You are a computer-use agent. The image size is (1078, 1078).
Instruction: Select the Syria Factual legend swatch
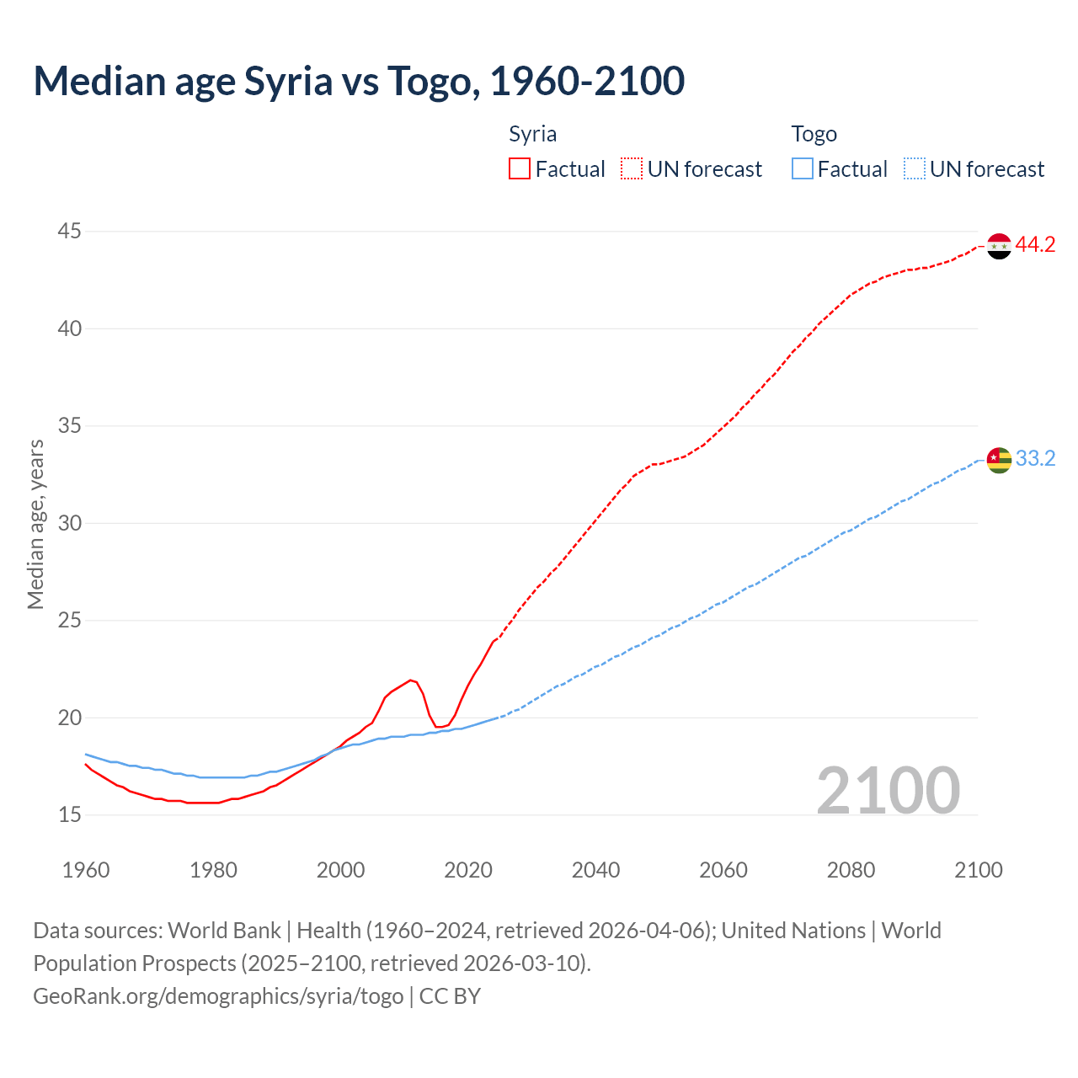520,169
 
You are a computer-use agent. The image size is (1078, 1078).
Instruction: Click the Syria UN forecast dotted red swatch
632,169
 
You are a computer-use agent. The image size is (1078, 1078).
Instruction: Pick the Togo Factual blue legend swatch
802,169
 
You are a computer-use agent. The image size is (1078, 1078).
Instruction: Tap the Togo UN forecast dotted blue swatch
914,169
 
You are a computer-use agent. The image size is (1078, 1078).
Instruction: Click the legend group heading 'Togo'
814,134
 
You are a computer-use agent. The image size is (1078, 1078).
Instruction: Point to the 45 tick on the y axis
70,231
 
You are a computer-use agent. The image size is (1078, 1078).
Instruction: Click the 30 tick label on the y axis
70,523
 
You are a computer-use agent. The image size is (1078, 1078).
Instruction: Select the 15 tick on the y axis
70,814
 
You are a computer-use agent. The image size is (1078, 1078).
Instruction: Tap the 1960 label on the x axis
86,870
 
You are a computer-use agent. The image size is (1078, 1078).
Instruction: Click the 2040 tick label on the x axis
595,870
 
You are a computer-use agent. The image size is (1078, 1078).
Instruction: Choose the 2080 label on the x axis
851,870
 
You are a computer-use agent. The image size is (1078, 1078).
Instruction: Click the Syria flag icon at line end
999,246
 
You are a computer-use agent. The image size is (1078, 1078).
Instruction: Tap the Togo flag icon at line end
999,460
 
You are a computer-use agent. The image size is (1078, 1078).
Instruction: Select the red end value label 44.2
1035,245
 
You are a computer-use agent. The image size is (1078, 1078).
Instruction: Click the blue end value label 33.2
1035,459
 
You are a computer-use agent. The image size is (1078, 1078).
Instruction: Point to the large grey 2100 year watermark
889,790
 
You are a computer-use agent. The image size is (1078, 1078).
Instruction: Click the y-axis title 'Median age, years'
35,524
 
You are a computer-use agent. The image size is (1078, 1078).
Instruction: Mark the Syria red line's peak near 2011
410,680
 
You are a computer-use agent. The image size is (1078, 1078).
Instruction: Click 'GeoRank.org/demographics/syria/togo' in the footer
218,996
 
